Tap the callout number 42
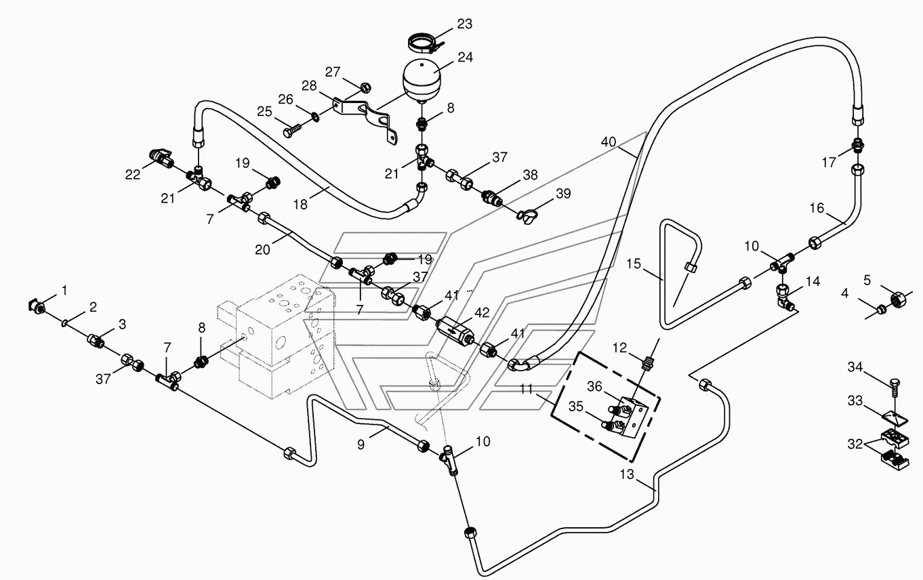[x=481, y=313]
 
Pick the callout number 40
[x=608, y=142]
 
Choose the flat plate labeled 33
[x=895, y=419]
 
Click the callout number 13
[x=627, y=474]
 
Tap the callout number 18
[x=300, y=205]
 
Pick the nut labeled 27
[x=365, y=87]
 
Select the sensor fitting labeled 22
[x=160, y=158]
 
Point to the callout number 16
[x=817, y=208]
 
